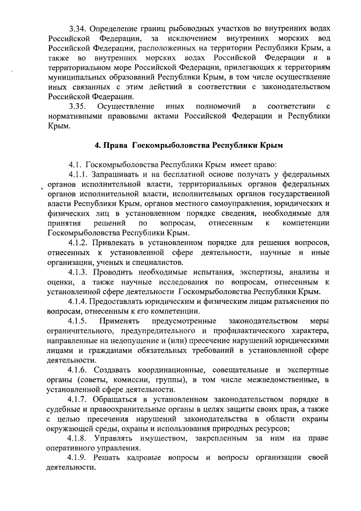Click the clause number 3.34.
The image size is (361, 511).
tap(77, 28)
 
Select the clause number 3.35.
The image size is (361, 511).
tap(77, 106)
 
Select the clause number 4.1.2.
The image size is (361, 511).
tap(79, 242)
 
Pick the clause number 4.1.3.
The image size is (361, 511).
tap(79, 272)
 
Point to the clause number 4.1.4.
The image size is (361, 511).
tap(79, 301)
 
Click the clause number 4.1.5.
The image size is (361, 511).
tap(79, 321)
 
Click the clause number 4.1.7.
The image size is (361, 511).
tap(79, 399)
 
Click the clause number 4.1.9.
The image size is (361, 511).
tap(79, 458)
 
